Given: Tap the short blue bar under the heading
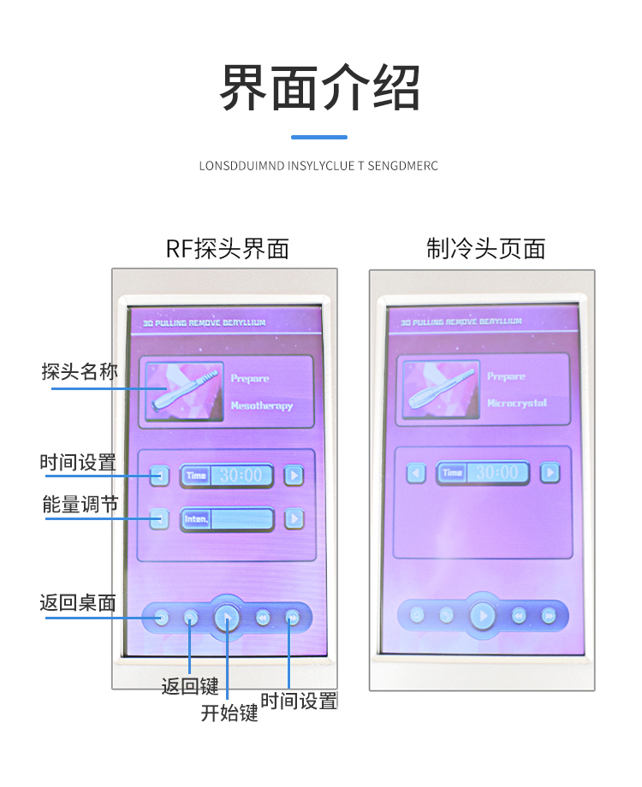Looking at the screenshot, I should click(319, 137).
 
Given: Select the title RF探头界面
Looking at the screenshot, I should click(228, 249).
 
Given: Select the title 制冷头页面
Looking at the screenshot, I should click(485, 249).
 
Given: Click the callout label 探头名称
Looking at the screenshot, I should click(80, 372).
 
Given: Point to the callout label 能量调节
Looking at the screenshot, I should click(80, 505).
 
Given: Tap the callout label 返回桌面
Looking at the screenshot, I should click(77, 602).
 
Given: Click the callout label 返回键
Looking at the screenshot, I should click(190, 686).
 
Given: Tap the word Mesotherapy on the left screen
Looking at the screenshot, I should click(261, 405).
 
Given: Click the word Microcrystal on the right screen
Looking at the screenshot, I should click(516, 403).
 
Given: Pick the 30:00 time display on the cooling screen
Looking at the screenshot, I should click(497, 472).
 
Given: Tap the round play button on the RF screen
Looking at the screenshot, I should click(227, 616).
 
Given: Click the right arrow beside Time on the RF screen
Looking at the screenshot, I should click(294, 476).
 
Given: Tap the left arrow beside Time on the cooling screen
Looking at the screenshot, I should click(416, 472).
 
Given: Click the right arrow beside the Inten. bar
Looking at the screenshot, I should click(294, 518).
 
